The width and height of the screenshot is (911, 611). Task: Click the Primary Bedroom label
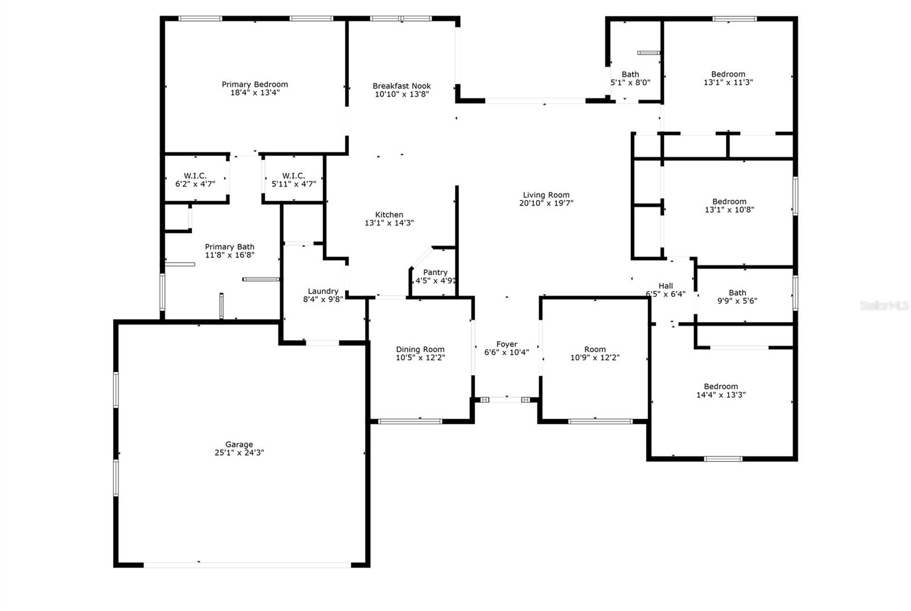pyautogui.click(x=255, y=85)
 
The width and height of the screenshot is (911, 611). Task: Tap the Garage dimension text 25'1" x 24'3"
pyautogui.click(x=239, y=453)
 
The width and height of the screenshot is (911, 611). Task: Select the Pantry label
pyautogui.click(x=435, y=273)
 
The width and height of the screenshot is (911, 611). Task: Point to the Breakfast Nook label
pyautogui.click(x=401, y=86)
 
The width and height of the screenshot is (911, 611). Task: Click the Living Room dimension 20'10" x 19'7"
pyautogui.click(x=546, y=203)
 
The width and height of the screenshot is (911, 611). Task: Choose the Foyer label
pyautogui.click(x=506, y=344)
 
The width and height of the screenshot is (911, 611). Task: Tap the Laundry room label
pyautogui.click(x=323, y=291)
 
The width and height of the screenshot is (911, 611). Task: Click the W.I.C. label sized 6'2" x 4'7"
pyautogui.click(x=195, y=176)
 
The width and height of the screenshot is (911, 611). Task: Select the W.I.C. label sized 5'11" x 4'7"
pyautogui.click(x=293, y=176)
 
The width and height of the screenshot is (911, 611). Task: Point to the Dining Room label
pyautogui.click(x=420, y=349)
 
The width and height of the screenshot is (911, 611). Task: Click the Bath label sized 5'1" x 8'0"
pyautogui.click(x=630, y=74)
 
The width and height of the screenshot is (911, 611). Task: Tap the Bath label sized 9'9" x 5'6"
pyautogui.click(x=737, y=293)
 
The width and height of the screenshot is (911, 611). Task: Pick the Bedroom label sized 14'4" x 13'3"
pyautogui.click(x=720, y=386)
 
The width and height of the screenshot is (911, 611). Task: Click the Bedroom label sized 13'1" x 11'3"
pyautogui.click(x=728, y=74)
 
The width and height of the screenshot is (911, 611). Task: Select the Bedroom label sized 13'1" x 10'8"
pyautogui.click(x=729, y=201)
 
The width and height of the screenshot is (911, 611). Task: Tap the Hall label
pyautogui.click(x=665, y=286)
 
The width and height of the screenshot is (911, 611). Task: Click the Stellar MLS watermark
pyautogui.click(x=884, y=306)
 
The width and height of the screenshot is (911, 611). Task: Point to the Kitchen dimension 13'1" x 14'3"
pyautogui.click(x=389, y=223)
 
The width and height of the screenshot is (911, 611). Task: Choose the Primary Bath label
pyautogui.click(x=229, y=247)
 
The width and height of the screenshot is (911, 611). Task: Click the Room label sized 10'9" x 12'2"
pyautogui.click(x=594, y=349)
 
